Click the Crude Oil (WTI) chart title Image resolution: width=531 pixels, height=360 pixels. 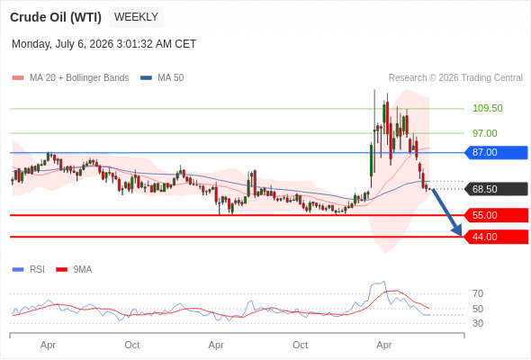click(56, 17)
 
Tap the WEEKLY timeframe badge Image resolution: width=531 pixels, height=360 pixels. click(136, 17)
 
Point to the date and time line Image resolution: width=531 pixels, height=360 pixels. click(104, 44)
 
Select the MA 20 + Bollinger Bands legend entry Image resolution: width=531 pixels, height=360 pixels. click(70, 78)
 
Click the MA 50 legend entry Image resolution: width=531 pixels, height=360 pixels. click(162, 78)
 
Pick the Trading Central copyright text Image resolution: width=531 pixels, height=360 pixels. click(455, 78)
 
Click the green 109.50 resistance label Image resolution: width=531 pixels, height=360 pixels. click(487, 108)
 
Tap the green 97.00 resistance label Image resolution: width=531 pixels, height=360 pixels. click(485, 133)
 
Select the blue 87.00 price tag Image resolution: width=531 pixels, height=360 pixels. click(496, 152)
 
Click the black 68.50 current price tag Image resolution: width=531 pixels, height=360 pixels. click(496, 189)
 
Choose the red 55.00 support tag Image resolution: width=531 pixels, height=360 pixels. click(496, 215)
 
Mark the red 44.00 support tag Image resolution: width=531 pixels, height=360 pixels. click(496, 237)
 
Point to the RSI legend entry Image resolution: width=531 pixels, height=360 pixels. click(29, 270)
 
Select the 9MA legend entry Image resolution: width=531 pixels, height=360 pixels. click(74, 270)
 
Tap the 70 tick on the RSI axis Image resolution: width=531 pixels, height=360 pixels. click(478, 293)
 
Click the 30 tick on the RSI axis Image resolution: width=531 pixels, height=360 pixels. click(478, 323)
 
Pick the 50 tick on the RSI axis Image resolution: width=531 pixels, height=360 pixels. click(478, 309)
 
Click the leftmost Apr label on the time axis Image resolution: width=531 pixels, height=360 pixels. click(48, 345)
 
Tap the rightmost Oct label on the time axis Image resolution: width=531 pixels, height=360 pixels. click(300, 345)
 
